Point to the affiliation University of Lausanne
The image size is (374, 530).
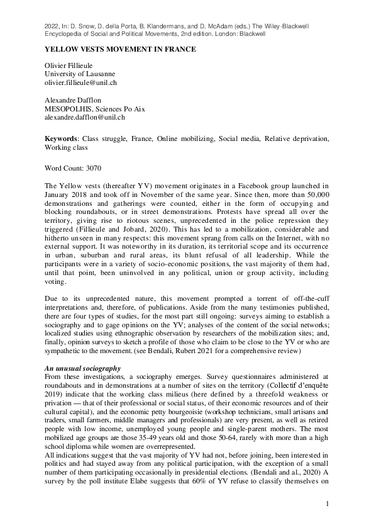(80, 74)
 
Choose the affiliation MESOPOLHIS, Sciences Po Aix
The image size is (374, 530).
(95, 109)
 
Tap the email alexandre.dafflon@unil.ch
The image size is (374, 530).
(85, 117)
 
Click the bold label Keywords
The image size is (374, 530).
(61, 138)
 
